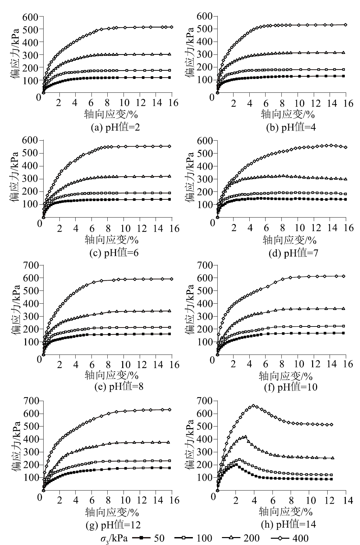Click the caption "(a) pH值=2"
115,127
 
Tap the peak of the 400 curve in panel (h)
254,406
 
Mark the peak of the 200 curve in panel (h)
245,437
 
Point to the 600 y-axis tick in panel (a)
30,17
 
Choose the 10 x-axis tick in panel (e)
125,365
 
